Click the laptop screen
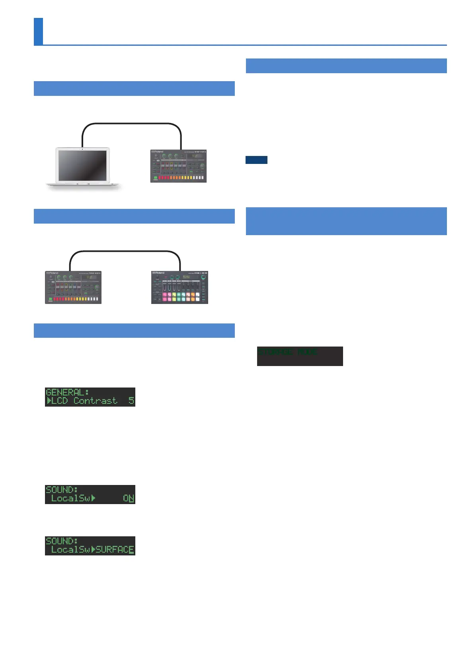click(x=82, y=165)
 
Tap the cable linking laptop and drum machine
click(x=131, y=124)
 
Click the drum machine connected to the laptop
click(x=178, y=166)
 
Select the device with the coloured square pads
click(x=179, y=287)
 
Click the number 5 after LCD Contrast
click(x=131, y=401)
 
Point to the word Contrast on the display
click(x=96, y=401)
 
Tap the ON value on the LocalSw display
click(x=128, y=498)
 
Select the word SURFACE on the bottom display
click(x=115, y=549)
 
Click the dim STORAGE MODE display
click(x=299, y=356)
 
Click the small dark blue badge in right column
click(x=256, y=160)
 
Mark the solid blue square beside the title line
click(x=38, y=31)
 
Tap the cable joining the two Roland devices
click(x=125, y=252)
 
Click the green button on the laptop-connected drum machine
click(x=156, y=178)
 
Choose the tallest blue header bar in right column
click(x=346, y=221)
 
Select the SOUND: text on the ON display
click(x=62, y=490)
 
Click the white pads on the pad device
click(x=198, y=297)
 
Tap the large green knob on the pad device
click(x=203, y=277)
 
